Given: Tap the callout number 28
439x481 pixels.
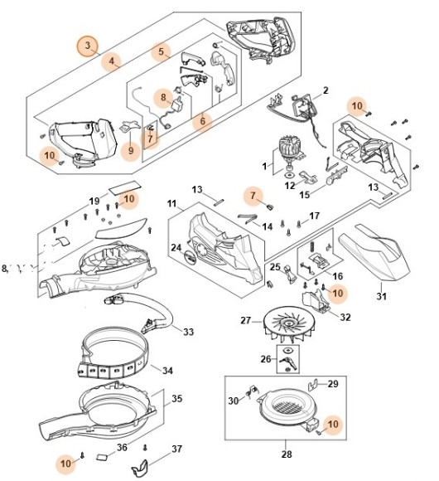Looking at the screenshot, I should [286, 454].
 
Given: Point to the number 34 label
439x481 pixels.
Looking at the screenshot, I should [167, 370].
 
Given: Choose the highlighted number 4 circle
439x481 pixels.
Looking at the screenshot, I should [113, 61].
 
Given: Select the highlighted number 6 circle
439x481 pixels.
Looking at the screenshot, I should [201, 120].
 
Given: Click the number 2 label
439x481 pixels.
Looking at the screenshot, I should [326, 90].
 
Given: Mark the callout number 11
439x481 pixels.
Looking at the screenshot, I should [171, 204].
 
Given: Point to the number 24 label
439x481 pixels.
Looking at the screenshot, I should [176, 247].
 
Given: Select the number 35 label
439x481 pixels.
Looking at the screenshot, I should [176, 399].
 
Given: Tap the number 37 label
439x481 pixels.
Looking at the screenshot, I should [176, 449].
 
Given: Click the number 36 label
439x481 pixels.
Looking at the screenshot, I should [122, 448].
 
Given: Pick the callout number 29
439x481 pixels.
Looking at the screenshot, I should [333, 384].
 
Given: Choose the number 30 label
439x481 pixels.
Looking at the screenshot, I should [234, 401].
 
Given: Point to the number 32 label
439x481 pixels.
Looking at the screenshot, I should [345, 317].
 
